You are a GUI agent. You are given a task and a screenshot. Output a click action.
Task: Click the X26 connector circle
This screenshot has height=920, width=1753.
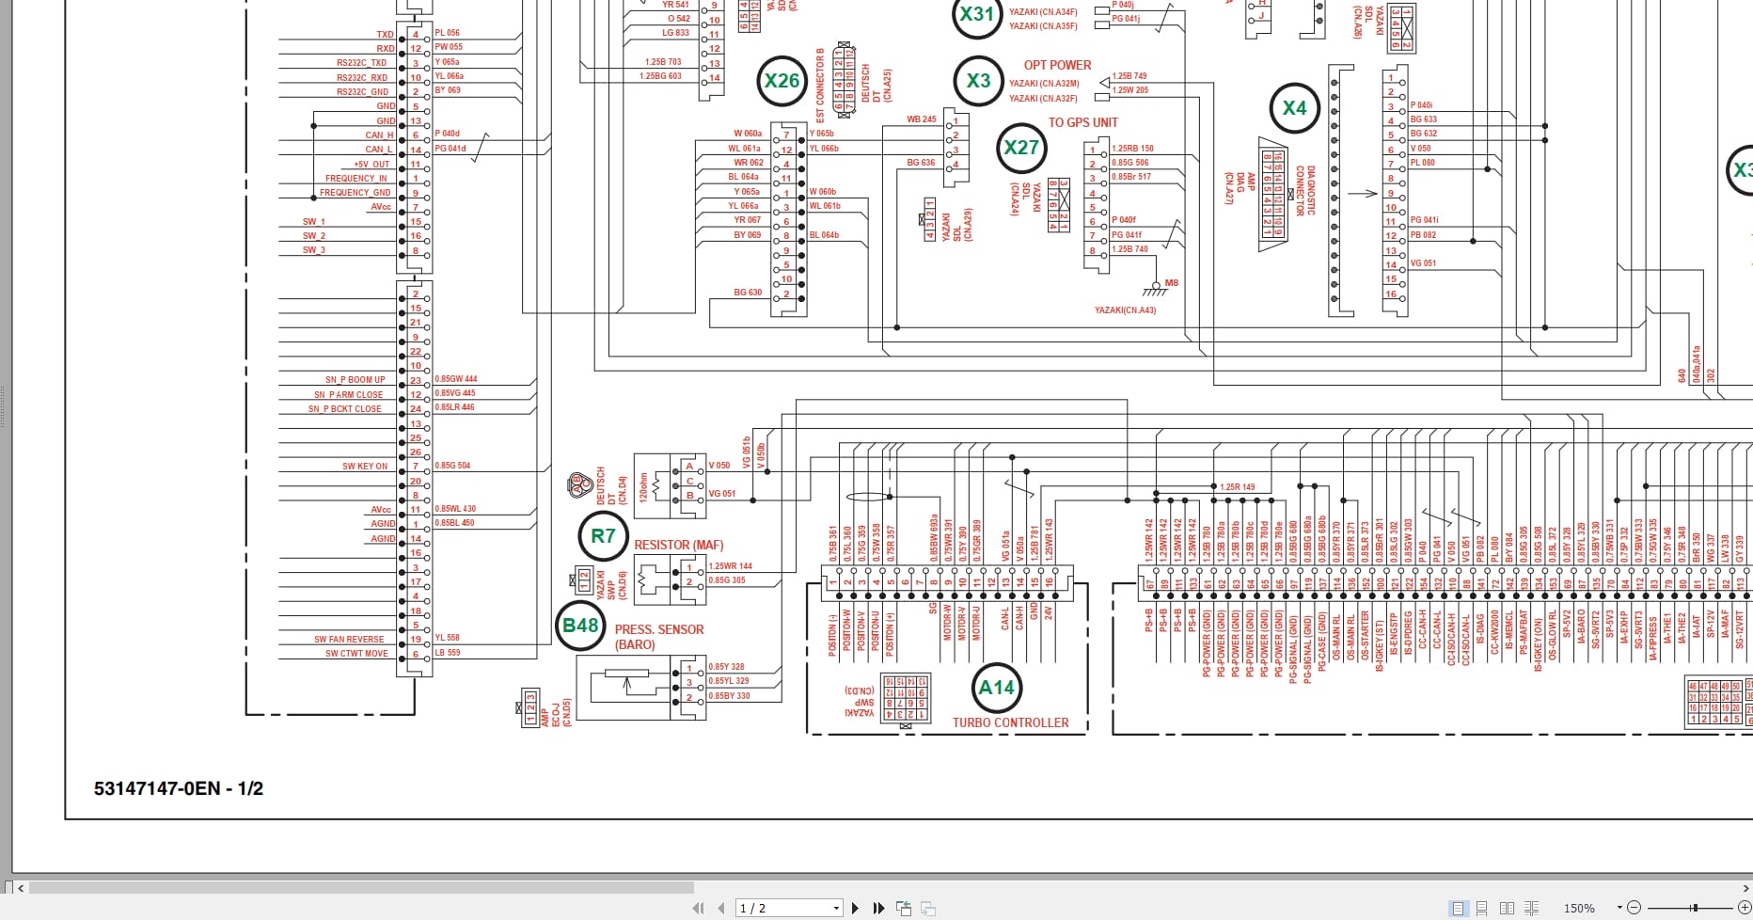tap(782, 81)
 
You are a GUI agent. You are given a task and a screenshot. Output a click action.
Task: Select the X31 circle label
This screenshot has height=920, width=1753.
tap(976, 15)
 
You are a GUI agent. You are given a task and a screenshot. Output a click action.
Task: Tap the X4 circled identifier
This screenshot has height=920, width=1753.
tap(1294, 108)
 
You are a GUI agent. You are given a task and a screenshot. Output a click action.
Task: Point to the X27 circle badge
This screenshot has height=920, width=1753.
tap(1021, 148)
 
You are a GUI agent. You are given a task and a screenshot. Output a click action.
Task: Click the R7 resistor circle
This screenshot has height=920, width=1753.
tap(603, 536)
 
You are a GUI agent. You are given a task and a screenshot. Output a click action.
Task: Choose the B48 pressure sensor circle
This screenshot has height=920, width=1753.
tap(580, 626)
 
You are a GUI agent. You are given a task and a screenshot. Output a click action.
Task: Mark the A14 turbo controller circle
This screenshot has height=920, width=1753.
tap(996, 688)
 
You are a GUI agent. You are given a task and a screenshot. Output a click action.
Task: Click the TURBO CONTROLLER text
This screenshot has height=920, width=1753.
tap(1010, 723)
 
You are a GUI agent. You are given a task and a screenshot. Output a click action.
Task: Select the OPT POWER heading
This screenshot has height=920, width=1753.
tap(1057, 65)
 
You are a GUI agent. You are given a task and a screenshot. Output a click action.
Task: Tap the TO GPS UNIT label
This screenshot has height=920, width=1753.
tap(1082, 122)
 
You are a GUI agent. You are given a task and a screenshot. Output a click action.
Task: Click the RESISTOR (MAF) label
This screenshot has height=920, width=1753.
tap(678, 546)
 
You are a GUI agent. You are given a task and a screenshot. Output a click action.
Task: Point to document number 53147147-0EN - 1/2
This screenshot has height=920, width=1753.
tap(179, 789)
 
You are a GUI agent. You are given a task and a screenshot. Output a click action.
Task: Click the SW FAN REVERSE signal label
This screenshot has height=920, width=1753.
tap(349, 640)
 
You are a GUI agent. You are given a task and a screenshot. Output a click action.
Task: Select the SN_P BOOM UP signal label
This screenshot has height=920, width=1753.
tap(355, 380)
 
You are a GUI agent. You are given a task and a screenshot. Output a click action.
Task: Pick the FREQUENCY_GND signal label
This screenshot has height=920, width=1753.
tap(355, 193)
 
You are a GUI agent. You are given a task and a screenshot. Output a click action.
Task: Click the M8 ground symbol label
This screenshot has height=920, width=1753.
tap(1171, 282)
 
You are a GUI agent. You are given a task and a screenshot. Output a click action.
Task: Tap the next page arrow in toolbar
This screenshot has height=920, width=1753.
tap(855, 908)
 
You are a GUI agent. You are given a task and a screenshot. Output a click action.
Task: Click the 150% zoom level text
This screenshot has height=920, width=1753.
tap(1579, 908)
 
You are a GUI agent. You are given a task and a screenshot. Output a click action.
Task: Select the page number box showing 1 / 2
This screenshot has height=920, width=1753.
tap(788, 908)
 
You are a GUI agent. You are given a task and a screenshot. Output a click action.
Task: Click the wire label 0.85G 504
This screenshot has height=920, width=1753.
tap(452, 466)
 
